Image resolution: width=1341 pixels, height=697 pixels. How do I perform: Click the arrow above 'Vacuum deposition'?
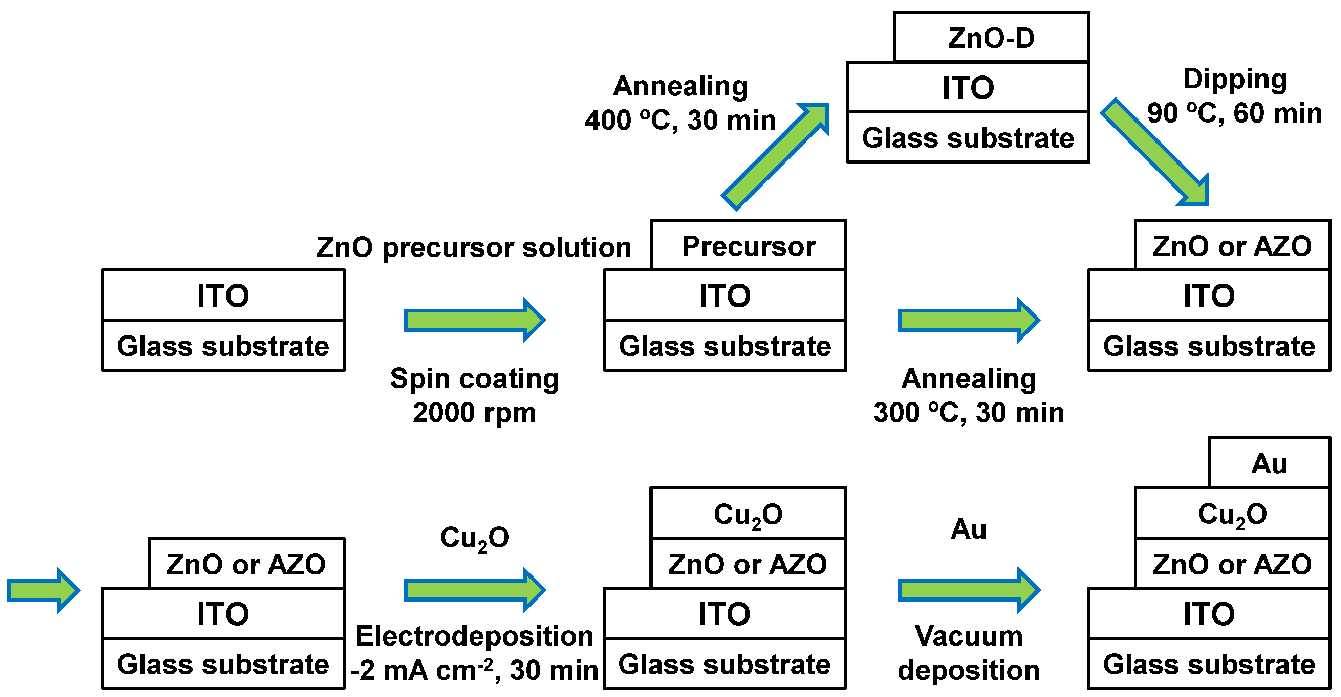click(968, 590)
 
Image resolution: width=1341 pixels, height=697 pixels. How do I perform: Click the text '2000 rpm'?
click(474, 413)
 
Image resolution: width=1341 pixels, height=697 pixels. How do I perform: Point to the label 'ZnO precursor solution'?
click(474, 247)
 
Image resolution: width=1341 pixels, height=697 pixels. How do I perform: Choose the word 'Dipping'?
click(1235, 80)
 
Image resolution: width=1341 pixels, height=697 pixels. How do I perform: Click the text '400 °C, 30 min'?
click(680, 120)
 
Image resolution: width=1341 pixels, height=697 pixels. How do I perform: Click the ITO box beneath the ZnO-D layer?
click(968, 87)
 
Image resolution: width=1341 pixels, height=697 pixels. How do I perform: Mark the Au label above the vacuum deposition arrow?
click(968, 529)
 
